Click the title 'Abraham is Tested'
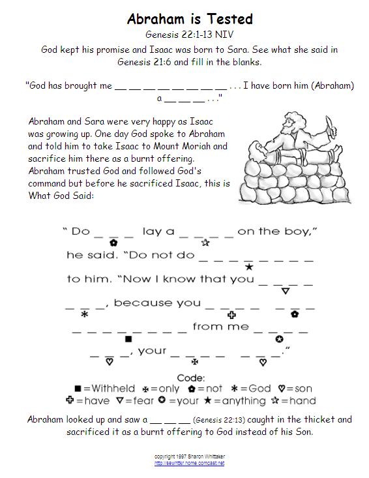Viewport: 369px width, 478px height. point(189,20)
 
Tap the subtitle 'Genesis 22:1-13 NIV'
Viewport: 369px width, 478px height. point(189,36)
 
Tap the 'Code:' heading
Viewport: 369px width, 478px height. point(191,378)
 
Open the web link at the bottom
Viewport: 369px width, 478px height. point(189,463)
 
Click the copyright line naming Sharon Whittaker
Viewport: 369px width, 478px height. point(189,456)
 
